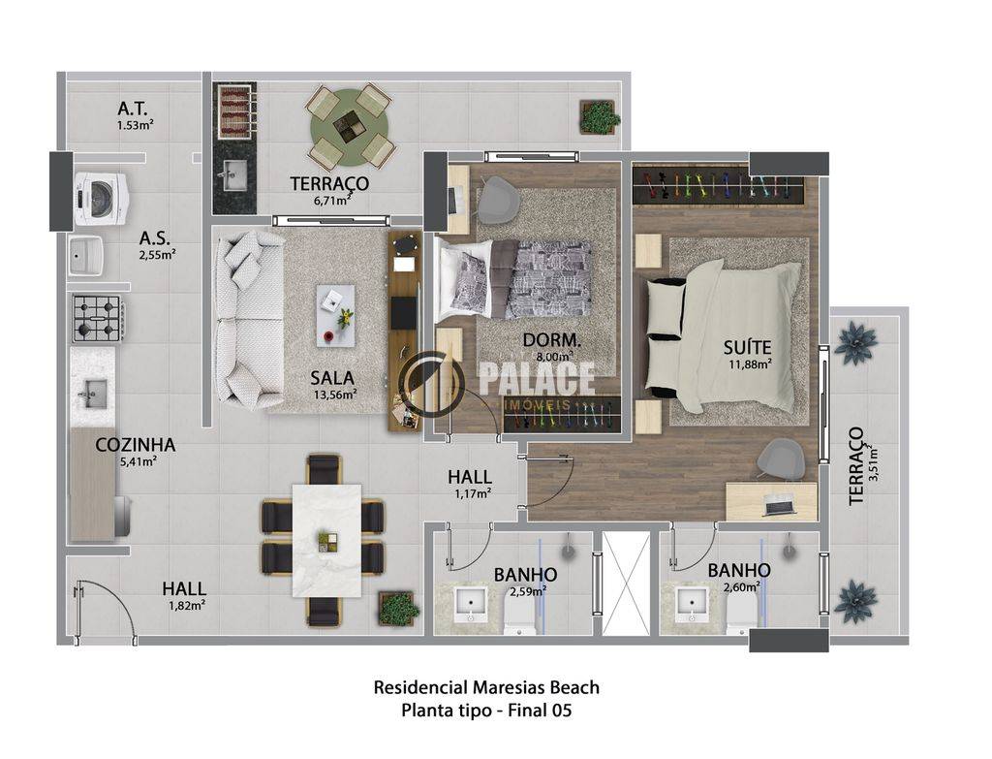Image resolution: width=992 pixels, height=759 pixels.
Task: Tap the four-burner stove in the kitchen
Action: [98, 319]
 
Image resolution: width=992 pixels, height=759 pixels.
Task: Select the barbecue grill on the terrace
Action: [234, 112]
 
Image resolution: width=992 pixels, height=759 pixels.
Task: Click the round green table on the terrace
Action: [350, 127]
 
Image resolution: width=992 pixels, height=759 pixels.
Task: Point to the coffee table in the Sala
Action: [335, 316]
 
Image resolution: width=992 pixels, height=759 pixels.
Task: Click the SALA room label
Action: [332, 378]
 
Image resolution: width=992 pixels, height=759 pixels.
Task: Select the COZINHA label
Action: [136, 445]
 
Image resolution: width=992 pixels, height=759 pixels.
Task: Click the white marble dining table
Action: [327, 540]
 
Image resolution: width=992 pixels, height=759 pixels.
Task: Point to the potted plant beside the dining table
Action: [398, 609]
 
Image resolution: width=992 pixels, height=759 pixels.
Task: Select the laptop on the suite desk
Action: [780, 505]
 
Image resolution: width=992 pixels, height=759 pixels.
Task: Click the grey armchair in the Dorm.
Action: [499, 198]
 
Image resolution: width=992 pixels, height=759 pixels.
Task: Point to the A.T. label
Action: [133, 109]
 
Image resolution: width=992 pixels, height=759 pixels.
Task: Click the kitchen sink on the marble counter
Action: [92, 394]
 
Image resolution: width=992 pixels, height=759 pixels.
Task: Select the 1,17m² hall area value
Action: [473, 493]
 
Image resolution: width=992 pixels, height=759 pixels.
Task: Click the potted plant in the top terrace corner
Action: [598, 116]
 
